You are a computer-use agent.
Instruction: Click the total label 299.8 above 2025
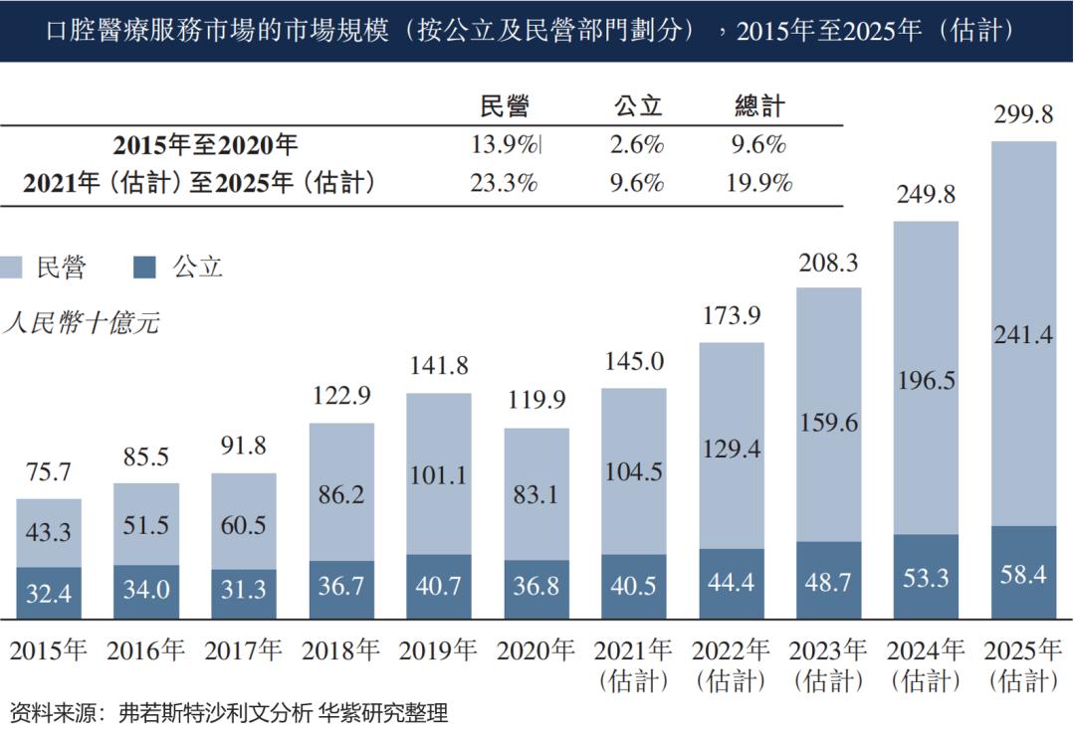pos(1023,115)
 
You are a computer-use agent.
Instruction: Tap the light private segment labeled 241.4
pos(1024,336)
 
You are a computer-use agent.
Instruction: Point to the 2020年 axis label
pos(537,651)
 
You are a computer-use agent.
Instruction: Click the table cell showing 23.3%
pos(505,182)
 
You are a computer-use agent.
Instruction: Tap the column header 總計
pos(759,106)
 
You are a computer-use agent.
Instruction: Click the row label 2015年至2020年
pos(205,145)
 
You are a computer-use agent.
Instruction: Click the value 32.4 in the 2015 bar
pos(49,593)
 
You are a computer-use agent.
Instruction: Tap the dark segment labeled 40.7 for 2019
pos(439,586)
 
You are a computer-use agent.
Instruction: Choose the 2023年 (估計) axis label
pos(829,664)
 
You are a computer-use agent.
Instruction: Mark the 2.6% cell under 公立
pos(637,145)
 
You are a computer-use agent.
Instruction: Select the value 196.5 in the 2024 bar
pos(927,382)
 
